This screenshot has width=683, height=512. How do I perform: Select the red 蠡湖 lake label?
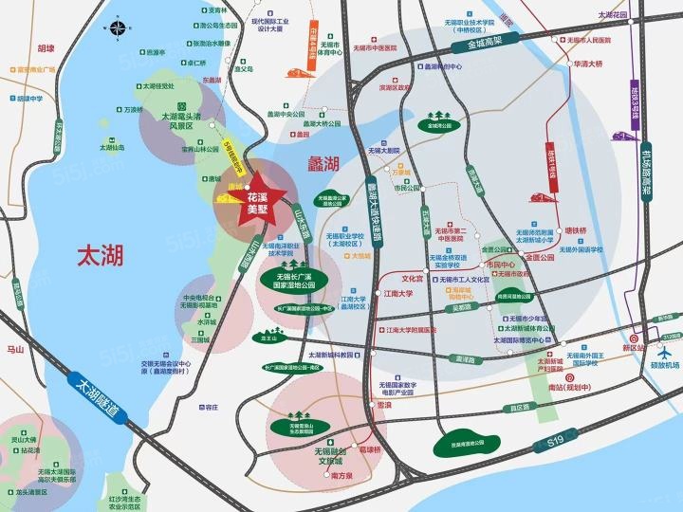(323, 164)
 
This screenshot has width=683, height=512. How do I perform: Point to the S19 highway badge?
(555, 443)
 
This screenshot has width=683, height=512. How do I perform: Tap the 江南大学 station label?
(398, 294)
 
